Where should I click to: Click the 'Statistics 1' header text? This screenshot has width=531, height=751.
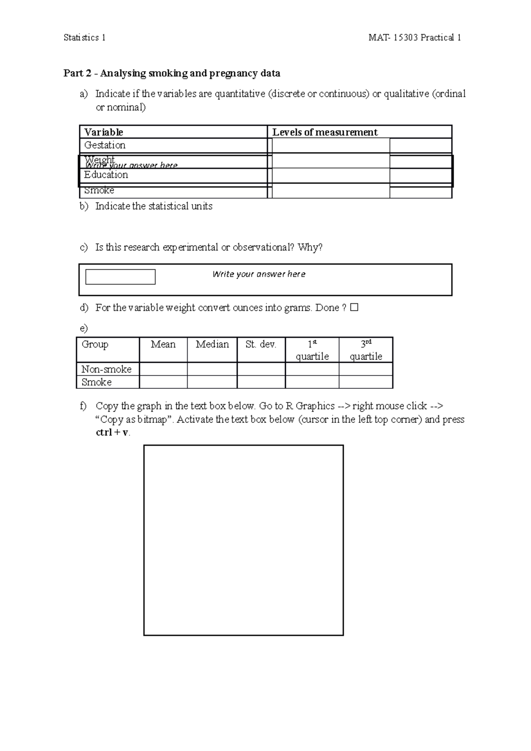point(85,38)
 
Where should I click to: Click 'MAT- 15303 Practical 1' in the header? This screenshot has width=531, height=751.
point(415,38)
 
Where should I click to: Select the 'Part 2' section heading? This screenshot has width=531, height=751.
point(172,73)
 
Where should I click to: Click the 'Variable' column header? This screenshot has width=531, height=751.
point(104,132)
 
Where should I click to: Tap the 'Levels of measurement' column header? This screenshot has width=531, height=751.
point(325,132)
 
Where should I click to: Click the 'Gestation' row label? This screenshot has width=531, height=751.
point(105,145)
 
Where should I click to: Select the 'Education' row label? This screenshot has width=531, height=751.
point(106,175)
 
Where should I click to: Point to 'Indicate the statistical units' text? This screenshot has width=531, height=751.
point(154,206)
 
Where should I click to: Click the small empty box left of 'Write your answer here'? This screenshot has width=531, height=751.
point(120,277)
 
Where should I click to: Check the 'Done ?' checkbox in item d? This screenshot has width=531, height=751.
point(354,307)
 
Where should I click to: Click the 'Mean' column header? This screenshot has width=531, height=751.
point(163,345)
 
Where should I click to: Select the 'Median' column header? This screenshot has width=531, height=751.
point(212,345)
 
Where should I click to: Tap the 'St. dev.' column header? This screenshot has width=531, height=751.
point(261,345)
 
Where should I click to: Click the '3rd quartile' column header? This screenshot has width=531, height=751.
point(366,350)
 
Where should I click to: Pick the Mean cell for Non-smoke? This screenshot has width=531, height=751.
point(163,369)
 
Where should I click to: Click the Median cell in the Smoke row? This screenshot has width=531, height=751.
point(212,382)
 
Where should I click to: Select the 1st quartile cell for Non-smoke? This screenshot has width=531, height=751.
point(312,369)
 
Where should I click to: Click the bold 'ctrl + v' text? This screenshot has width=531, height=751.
point(112,433)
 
